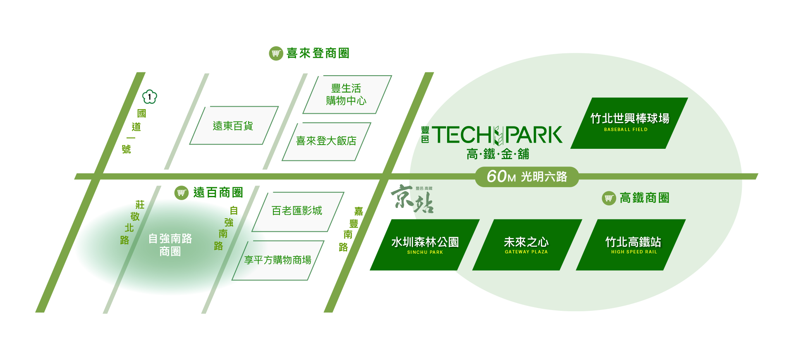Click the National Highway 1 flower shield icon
pos(150,97)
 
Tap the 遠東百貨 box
pos(234,126)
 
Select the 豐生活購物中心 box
pos(347,95)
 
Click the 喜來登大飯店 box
pos(326,141)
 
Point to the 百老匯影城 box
pos(298,212)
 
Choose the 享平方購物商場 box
pos(278,260)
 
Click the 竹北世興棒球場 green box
pos(629,123)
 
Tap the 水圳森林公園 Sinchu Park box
pos(425,245)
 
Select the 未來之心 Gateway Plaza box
pos(527,245)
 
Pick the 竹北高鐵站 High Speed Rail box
pos(631,245)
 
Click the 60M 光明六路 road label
pos(526,176)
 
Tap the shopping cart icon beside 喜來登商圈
pos(276,53)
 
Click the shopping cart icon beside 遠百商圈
pos(181,193)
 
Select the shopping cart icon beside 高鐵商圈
pos(609,198)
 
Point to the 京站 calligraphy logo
pos(412,198)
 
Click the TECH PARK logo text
pos(497,135)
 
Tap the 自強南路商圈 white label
pos(170,245)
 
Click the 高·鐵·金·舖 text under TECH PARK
pos(498,154)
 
